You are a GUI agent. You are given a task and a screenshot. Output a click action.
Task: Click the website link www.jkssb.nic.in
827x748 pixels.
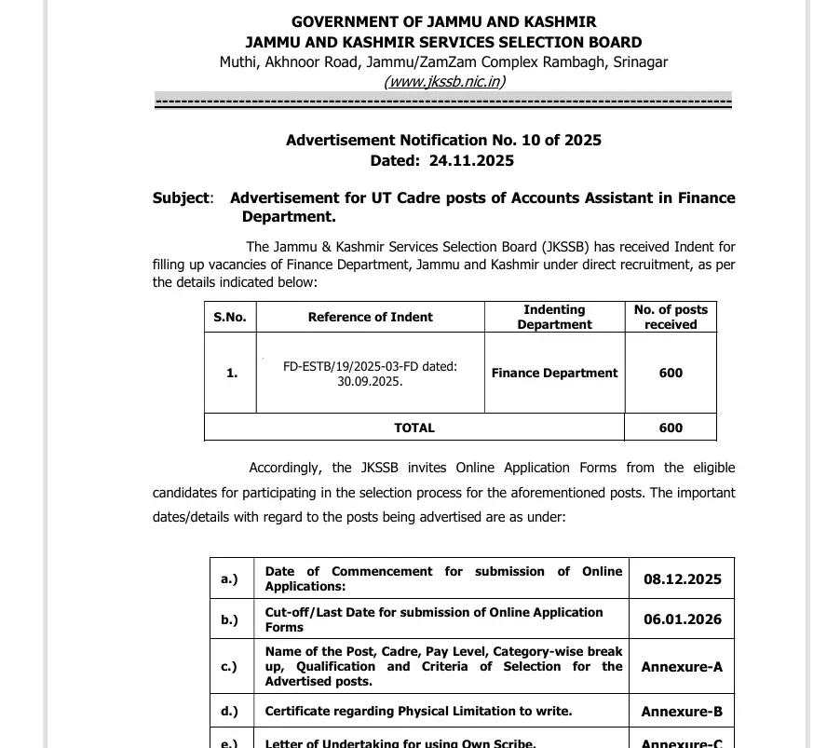coord(443,81)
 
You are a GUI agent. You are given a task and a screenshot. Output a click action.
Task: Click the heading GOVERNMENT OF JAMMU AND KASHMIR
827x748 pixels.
coord(443,21)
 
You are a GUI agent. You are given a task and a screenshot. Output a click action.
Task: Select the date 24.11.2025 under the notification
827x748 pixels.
coord(471,160)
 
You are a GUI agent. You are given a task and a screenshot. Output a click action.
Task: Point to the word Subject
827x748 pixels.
coord(182,197)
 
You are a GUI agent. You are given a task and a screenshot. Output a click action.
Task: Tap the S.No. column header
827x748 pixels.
coord(230,317)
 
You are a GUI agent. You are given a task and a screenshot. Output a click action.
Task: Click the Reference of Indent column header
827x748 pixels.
coord(370,317)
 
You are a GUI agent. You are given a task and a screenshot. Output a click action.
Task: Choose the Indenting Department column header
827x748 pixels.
coord(554,317)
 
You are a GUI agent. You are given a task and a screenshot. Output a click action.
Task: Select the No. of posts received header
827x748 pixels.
coord(671,317)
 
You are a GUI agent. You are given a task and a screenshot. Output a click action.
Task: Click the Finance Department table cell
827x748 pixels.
coord(554,373)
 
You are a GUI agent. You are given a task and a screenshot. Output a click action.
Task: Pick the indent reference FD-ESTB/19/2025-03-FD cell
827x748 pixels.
coord(370,374)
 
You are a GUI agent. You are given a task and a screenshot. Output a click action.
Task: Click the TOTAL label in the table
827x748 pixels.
coord(414,428)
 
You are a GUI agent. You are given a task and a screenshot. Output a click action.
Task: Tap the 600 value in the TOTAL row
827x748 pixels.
coord(671,428)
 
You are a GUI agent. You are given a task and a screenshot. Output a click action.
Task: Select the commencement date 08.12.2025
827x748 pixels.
coord(682,578)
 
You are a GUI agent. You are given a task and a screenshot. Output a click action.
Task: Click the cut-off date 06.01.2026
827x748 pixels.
coord(682,619)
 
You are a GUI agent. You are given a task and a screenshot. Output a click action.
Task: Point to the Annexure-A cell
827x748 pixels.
coord(682,666)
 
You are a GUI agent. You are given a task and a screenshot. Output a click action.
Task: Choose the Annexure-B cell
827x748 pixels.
coord(682,712)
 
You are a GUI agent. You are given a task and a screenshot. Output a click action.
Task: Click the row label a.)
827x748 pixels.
coord(229,578)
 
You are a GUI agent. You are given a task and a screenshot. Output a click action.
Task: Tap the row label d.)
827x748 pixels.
coord(229,712)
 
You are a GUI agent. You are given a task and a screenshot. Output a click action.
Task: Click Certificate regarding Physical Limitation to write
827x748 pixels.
coord(418,711)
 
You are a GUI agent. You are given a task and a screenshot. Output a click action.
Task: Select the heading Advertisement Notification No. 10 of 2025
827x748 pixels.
coord(443,140)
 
